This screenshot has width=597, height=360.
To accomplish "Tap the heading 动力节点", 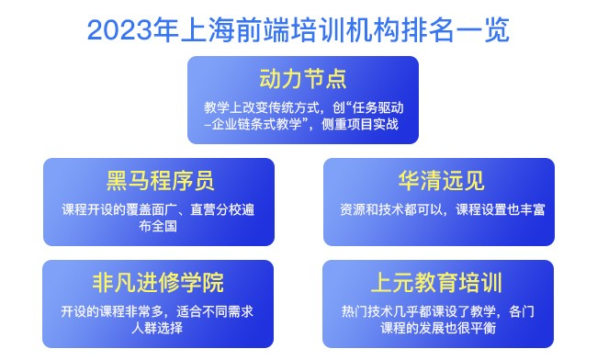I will pos(303,75).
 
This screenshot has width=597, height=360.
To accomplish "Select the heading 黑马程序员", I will pos(160,178).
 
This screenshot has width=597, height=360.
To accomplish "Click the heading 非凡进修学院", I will pos(160,280).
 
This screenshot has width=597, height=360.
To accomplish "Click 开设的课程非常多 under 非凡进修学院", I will pos(111,310).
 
